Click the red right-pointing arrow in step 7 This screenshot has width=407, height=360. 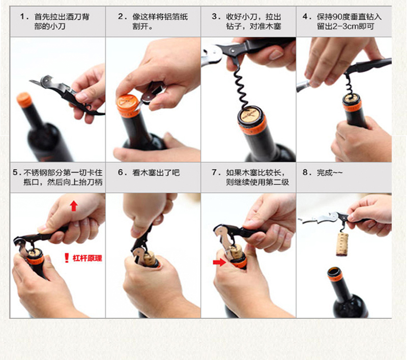[219, 262]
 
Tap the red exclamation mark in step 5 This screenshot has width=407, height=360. [67, 258]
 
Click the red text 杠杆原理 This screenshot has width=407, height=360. [87, 258]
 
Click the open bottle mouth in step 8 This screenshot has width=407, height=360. [334, 272]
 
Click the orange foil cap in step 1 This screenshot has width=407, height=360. [24, 100]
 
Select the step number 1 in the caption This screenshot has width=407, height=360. [22, 17]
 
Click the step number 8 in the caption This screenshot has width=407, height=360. [305, 172]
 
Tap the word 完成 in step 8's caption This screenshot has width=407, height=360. [325, 172]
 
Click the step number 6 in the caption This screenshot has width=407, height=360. [121, 172]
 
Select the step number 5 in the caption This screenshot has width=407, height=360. [15, 172]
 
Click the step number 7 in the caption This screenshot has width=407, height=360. [214, 172]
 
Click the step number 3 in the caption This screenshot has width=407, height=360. [214, 17]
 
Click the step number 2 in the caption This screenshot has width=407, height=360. [121, 17]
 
